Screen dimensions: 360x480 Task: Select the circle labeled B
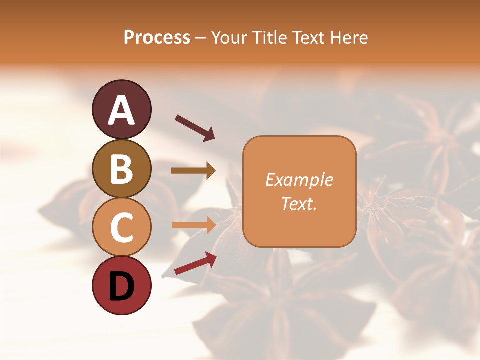(121, 168)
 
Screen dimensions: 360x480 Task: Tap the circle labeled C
(121, 227)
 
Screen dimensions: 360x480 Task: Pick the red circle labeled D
(121, 285)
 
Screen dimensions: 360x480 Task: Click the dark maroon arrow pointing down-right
(195, 128)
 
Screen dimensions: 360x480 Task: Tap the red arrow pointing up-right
(195, 263)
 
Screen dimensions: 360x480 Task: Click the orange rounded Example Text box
(299, 191)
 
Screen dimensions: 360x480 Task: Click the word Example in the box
(299, 180)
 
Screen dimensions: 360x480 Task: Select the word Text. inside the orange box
(299, 203)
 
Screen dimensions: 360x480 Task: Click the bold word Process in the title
(157, 37)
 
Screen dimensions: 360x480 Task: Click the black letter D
(121, 286)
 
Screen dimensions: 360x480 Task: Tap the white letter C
(121, 228)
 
